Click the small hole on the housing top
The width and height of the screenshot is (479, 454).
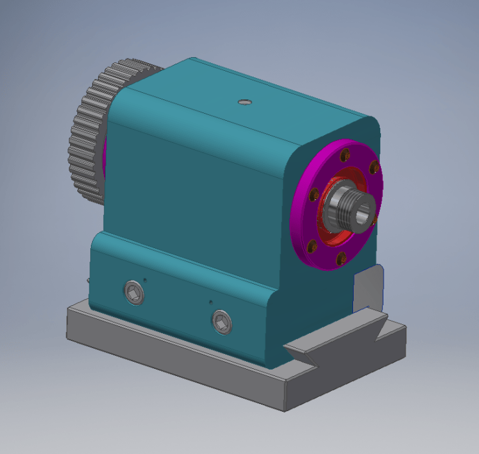pos(244,101)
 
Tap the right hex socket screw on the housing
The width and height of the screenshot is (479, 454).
pos(222,321)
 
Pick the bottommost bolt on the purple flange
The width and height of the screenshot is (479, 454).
pos(339,261)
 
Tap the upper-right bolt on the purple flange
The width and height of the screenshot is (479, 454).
pos(374,169)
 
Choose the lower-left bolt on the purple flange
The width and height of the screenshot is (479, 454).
pos(311,245)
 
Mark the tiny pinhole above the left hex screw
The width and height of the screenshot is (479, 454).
pos(144,280)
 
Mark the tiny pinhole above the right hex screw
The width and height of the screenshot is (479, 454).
pos(210,301)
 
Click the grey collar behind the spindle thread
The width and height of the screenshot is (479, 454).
pos(334,208)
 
